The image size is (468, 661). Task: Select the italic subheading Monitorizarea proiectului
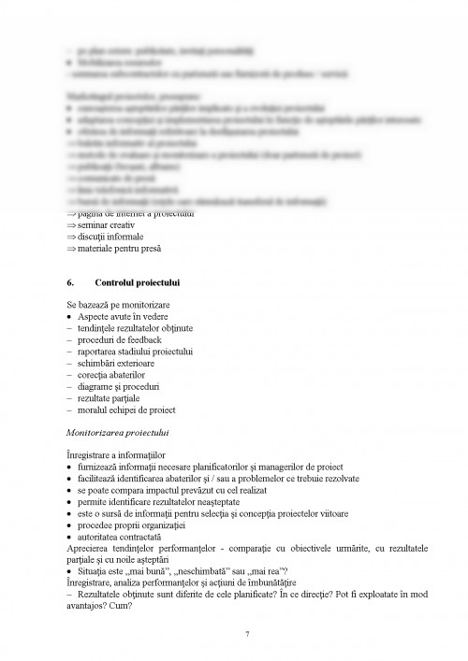coord(118,434)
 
